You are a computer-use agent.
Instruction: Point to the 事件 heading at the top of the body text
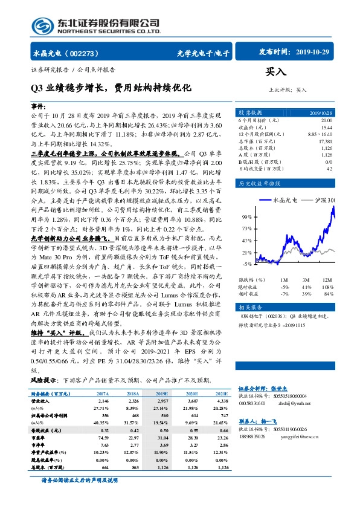(38, 105)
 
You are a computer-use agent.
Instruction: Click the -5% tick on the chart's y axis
(246, 264)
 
